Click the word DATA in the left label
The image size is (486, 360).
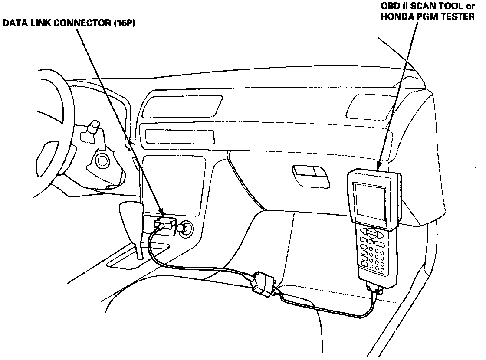(x=13, y=25)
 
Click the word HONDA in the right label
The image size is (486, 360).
(x=393, y=19)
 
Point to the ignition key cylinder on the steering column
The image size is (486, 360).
(x=103, y=161)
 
